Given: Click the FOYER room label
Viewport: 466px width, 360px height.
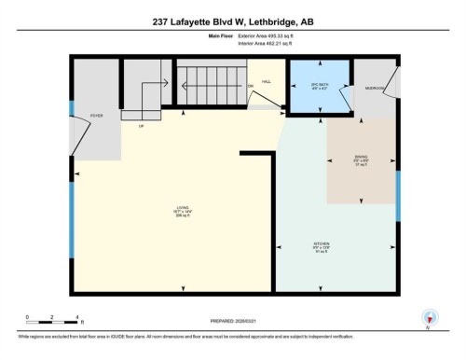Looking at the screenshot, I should coord(96,117).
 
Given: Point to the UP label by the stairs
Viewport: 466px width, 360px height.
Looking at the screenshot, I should coord(141,125).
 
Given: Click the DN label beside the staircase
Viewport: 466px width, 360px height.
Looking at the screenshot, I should coord(250,87).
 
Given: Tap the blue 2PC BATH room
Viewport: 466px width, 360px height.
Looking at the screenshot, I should coord(319,88).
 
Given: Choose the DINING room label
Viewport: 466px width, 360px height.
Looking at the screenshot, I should coord(361,159).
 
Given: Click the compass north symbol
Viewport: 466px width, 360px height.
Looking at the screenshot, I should coord(429,317).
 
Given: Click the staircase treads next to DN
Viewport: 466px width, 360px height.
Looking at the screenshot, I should coord(211,87).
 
